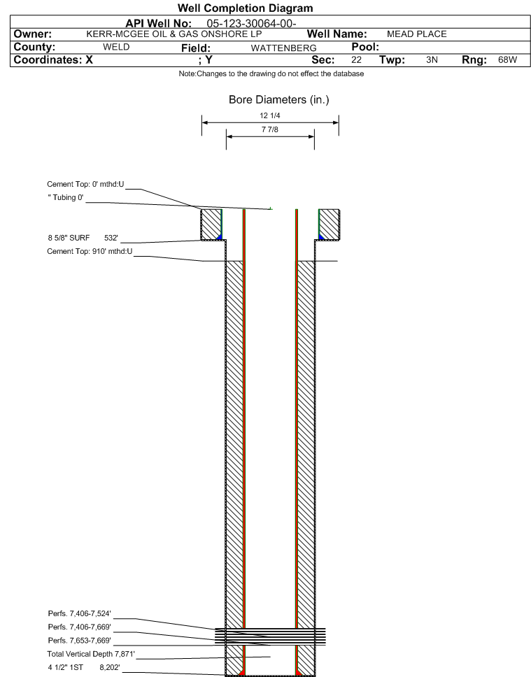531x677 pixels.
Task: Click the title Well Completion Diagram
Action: coord(245,8)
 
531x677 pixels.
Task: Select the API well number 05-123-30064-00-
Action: coord(251,23)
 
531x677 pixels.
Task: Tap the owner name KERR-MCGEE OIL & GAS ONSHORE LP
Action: coord(174,34)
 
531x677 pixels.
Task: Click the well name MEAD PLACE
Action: coord(416,34)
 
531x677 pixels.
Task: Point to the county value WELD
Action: coord(116,47)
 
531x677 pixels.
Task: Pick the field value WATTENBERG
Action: coord(283,48)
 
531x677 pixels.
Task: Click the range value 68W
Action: coord(507,59)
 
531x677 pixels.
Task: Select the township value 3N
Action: coord(432,59)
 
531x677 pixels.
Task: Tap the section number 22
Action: coord(356,59)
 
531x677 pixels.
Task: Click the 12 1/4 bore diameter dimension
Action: coord(270,115)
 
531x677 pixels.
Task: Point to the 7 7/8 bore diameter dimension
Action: coord(270,129)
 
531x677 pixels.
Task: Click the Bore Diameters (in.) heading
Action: coord(278,100)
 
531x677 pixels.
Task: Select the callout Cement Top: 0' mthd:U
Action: coord(85,185)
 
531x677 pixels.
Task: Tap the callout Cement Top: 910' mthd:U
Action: coord(90,251)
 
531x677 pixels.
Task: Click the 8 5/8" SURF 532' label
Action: coord(83,238)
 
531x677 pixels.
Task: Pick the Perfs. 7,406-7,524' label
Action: coord(80,613)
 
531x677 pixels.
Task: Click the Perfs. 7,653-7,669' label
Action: coord(80,641)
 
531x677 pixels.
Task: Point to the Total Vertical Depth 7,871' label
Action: coord(91,654)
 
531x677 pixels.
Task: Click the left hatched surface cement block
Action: coord(211,225)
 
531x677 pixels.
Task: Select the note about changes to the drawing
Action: coord(271,74)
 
